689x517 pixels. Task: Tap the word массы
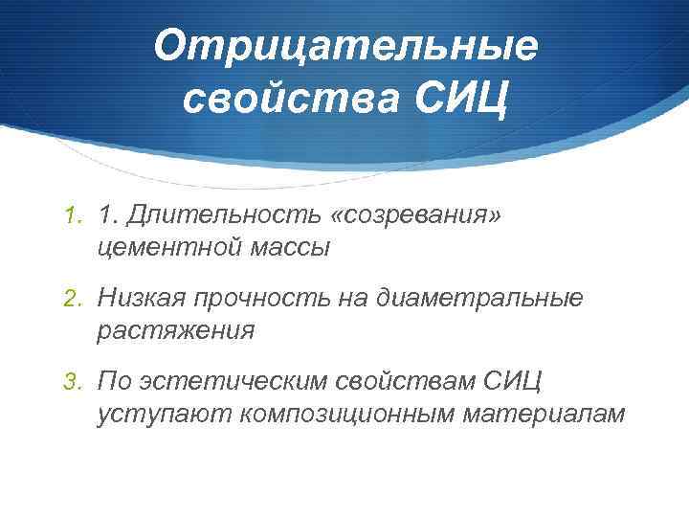click(x=286, y=248)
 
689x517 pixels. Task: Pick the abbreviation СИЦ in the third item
click(x=513, y=383)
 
